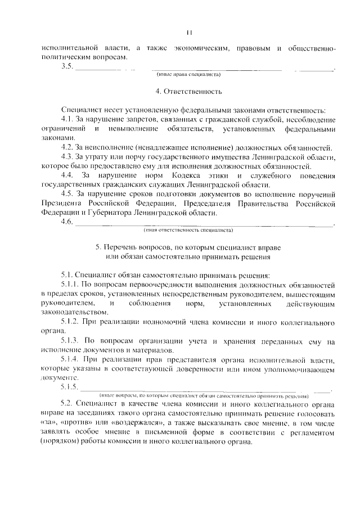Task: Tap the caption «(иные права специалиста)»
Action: click(x=188, y=74)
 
